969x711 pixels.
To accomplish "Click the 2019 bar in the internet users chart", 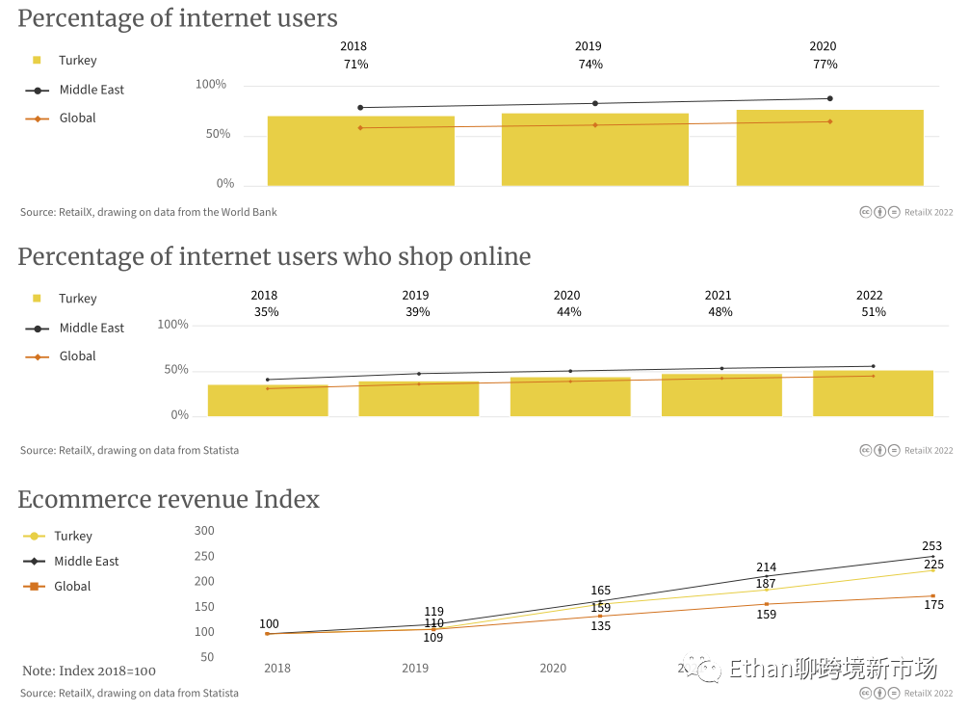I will tap(594, 149).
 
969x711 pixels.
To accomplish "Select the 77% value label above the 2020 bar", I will tap(825, 65).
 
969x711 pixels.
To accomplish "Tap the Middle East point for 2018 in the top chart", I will tap(360, 107).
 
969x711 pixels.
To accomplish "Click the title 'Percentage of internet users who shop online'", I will tap(275, 257).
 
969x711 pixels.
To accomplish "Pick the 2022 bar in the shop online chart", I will tap(873, 393).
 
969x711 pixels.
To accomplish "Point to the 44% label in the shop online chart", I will tap(568, 312).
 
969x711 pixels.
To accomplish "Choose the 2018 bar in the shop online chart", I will tap(268, 401).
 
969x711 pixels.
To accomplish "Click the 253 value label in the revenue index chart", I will tap(931, 546).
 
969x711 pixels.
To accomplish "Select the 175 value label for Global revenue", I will tap(932, 605).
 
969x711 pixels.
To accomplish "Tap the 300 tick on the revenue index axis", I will tap(204, 531).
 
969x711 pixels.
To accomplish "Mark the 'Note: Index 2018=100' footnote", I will tap(89, 671).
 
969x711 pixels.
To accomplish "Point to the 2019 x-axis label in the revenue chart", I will tap(415, 668).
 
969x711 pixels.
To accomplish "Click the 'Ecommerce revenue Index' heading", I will tap(169, 500).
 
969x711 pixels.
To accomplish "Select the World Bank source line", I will tap(148, 212).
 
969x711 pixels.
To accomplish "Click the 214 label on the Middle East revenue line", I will tap(766, 567).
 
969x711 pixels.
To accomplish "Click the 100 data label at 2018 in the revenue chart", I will tap(269, 624).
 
